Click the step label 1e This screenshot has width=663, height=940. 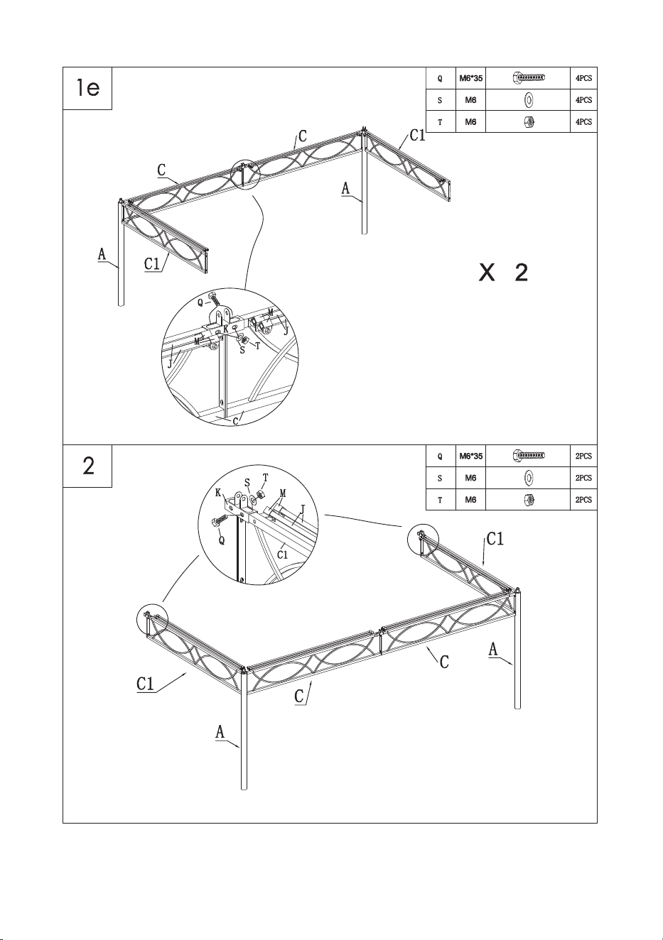(88, 88)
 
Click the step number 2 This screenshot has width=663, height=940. (89, 466)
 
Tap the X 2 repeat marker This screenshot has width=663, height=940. (503, 273)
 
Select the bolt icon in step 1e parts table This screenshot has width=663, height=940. (529, 77)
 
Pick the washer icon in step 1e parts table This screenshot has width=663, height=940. (529, 100)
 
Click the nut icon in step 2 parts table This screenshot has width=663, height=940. (529, 499)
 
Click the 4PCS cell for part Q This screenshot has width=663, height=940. (583, 78)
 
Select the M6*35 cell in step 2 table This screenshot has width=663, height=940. (470, 456)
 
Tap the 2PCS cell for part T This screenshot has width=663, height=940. (583, 500)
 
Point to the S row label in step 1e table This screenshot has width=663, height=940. (440, 100)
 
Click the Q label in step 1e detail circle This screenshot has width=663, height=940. (200, 302)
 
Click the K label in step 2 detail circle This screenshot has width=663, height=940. (218, 493)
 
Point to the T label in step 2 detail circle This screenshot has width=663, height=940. (265, 478)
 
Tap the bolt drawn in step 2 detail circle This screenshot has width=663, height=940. (221, 523)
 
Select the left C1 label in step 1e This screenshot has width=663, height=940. (152, 264)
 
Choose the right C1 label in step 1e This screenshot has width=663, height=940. (418, 136)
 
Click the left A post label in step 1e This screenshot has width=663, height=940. (102, 255)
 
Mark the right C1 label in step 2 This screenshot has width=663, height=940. (495, 540)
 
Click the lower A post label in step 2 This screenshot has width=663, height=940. (220, 732)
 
